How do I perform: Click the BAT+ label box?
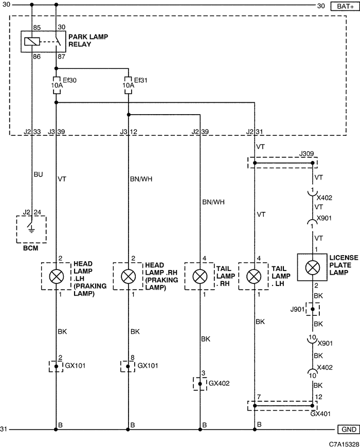pos(345,6)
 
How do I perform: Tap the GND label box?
pos(349,429)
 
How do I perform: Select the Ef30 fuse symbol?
pos(56,85)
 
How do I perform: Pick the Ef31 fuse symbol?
pos(128,85)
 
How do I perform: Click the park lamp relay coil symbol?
pos(32,42)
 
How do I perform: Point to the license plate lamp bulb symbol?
pos(313,267)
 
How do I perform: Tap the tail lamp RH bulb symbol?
pos(200,276)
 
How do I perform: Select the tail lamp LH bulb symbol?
pos(254,276)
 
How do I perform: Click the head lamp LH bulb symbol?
pos(56,276)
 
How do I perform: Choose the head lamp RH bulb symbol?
pos(128,276)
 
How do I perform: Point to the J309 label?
pos(307,154)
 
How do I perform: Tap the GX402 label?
pos(219,383)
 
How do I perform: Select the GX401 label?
pos(320,414)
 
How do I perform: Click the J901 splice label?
pos(297,309)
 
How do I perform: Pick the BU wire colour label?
pos(38,174)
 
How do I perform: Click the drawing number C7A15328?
pos(344,444)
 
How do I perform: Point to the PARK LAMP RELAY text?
pos(88,41)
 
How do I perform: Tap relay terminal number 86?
pos(37,57)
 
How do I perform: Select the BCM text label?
pos(30,248)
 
